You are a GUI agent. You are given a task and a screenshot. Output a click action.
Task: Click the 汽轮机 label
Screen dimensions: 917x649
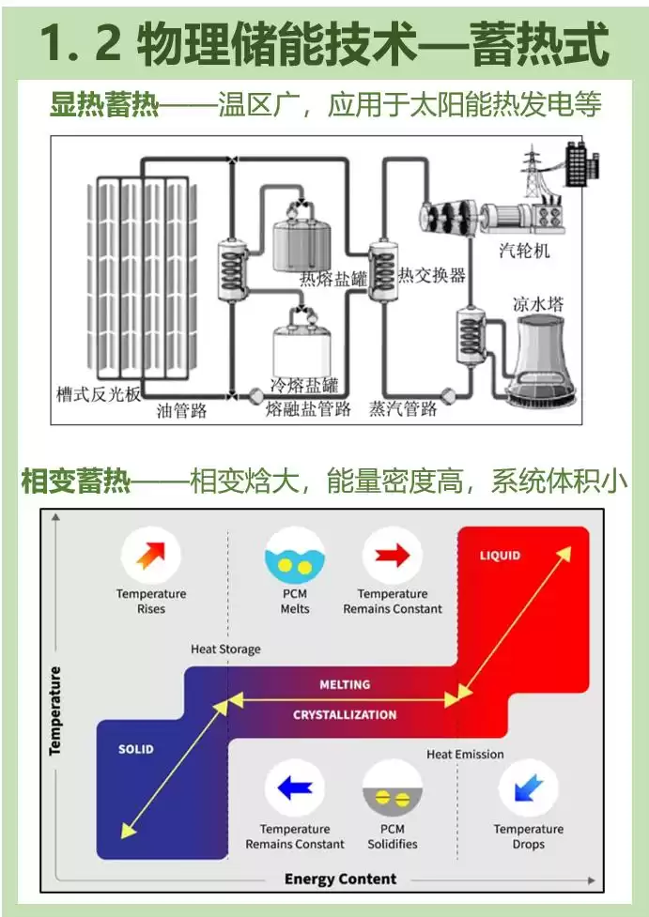click(x=525, y=252)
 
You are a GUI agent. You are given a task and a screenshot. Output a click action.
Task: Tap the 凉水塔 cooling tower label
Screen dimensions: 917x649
click(x=540, y=304)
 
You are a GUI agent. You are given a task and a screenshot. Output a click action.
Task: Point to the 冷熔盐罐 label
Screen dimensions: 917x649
click(x=303, y=386)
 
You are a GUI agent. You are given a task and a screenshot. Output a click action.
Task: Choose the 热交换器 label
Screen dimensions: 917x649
click(x=432, y=275)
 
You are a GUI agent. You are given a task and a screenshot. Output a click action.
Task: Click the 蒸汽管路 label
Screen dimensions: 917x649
click(x=403, y=408)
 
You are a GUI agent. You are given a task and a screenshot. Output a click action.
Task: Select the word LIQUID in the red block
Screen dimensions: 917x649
click(x=500, y=556)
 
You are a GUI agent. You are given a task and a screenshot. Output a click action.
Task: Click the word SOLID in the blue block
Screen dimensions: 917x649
click(x=135, y=750)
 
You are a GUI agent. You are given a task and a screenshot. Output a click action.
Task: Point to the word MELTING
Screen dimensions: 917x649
click(x=345, y=684)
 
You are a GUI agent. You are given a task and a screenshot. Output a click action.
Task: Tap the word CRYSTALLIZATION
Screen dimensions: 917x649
click(x=345, y=715)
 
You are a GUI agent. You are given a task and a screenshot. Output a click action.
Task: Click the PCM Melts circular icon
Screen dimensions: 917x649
click(x=295, y=556)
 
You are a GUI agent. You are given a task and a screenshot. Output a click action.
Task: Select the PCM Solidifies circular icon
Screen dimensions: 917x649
click(x=392, y=790)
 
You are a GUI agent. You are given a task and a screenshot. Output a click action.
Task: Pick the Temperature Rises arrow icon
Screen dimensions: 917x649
click(x=150, y=556)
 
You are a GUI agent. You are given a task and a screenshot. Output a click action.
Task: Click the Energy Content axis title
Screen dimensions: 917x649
click(x=341, y=879)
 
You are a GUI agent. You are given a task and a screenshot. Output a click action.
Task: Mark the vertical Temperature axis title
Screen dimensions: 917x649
click(x=55, y=711)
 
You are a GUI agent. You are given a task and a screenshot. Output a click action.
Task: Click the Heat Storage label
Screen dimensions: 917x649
click(x=225, y=649)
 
